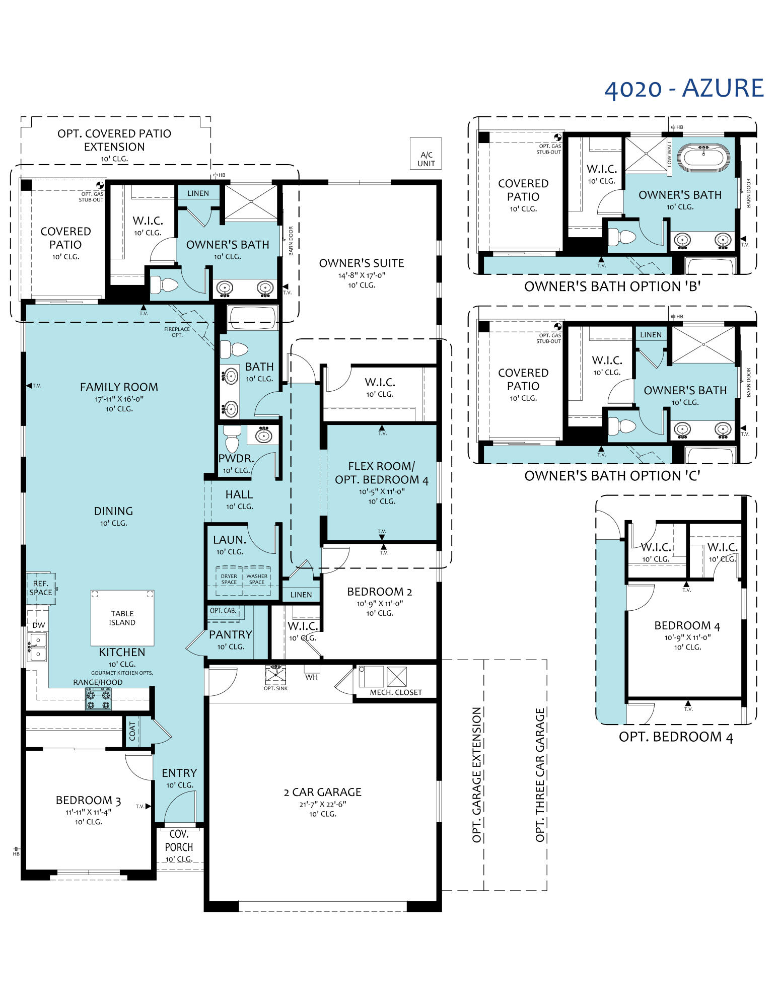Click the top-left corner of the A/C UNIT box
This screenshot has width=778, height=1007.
(410, 138)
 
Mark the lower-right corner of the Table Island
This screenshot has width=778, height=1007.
(154, 646)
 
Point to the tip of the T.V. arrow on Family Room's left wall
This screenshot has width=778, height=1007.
(26, 386)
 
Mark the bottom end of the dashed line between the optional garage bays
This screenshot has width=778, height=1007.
(484, 891)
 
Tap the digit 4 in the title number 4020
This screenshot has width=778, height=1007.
(611, 90)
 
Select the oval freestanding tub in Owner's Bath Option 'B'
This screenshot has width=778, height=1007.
(703, 157)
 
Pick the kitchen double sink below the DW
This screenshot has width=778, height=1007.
(37, 646)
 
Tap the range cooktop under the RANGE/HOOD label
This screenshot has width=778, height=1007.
(98, 699)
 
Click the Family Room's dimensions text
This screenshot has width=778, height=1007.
(119, 399)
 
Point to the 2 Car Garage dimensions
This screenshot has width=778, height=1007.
(323, 804)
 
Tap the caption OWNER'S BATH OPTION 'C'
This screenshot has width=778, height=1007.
(612, 476)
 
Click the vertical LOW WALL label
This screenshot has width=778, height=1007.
(669, 154)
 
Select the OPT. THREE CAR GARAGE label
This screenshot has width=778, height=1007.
(540, 775)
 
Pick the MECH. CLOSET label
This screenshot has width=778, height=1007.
(396, 692)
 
